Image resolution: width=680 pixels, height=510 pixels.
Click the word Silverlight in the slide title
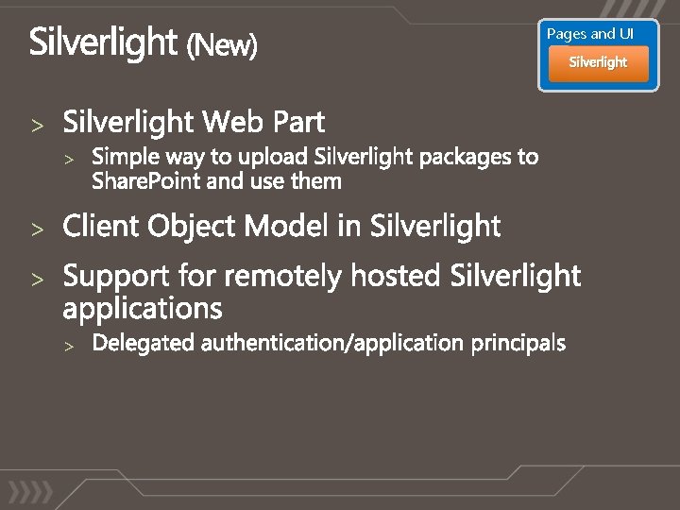click(x=103, y=42)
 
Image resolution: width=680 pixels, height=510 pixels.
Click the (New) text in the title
click(x=221, y=44)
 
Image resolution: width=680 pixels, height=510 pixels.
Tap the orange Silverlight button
click(x=598, y=63)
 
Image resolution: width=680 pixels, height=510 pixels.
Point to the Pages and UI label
click(x=590, y=34)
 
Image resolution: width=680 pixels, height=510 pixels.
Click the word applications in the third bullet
click(x=143, y=309)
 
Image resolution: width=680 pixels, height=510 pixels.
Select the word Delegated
click(x=144, y=343)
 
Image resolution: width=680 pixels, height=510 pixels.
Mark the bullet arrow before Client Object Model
click(x=38, y=229)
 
